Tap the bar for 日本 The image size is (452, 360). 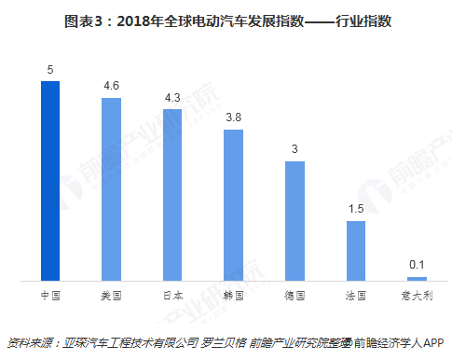point(172,195)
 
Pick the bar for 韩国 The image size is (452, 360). point(233,205)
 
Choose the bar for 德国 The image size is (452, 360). point(294,221)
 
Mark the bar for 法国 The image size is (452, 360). point(356,251)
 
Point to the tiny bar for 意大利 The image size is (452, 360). point(417,278)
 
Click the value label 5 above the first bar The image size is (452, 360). point(50,70)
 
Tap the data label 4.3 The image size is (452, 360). point(172,98)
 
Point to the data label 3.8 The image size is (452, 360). point(233,118)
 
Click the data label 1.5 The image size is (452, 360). point(356,210)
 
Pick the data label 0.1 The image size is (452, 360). point(417,265)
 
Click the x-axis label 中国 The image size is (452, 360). point(50,295)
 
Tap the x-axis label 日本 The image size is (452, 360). point(172,295)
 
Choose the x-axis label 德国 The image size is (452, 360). point(294,295)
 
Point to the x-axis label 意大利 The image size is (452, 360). point(417,295)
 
